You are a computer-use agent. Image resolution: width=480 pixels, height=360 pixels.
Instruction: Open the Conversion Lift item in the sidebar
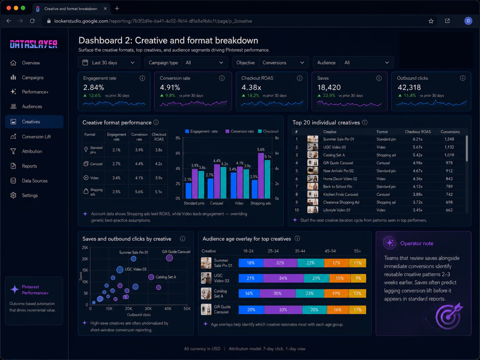(x=36, y=137)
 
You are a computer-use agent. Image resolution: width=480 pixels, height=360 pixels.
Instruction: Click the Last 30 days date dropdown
(x=109, y=63)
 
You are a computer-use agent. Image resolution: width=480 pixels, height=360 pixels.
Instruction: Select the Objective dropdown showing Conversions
(x=270, y=63)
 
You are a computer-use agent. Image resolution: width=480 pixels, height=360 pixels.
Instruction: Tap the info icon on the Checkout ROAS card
(x=299, y=78)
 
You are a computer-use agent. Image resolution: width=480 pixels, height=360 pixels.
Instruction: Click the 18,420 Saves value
(x=329, y=88)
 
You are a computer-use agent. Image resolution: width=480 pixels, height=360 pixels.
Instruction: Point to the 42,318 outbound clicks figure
(x=409, y=88)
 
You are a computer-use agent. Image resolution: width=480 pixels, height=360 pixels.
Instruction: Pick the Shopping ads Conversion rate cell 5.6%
(x=139, y=192)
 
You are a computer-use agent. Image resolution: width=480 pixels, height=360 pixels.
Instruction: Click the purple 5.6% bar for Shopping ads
(x=261, y=176)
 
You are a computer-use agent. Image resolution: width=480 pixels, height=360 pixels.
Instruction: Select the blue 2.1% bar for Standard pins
(x=188, y=191)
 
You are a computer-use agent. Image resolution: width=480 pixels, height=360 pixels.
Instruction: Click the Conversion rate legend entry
(x=240, y=131)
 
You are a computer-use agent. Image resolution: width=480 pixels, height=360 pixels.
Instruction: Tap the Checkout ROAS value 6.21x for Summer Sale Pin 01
(x=417, y=139)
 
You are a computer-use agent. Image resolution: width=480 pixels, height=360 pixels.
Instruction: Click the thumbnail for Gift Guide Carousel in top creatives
(x=313, y=163)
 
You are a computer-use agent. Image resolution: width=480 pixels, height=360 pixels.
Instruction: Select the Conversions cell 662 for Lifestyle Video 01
(x=449, y=210)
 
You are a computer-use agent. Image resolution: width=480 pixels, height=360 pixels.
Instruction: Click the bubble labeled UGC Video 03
(x=120, y=270)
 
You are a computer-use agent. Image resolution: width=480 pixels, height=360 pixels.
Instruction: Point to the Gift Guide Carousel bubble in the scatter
(x=169, y=258)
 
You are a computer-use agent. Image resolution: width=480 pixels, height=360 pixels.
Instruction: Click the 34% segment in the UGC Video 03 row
(x=283, y=278)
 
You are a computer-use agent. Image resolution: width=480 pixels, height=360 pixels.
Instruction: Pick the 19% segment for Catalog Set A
(x=336, y=293)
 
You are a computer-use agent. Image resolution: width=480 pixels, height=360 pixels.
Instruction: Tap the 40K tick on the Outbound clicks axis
(x=168, y=309)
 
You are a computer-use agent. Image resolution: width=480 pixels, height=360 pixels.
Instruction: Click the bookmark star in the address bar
(x=431, y=21)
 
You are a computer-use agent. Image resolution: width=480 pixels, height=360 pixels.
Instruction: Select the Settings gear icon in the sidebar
(x=13, y=195)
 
